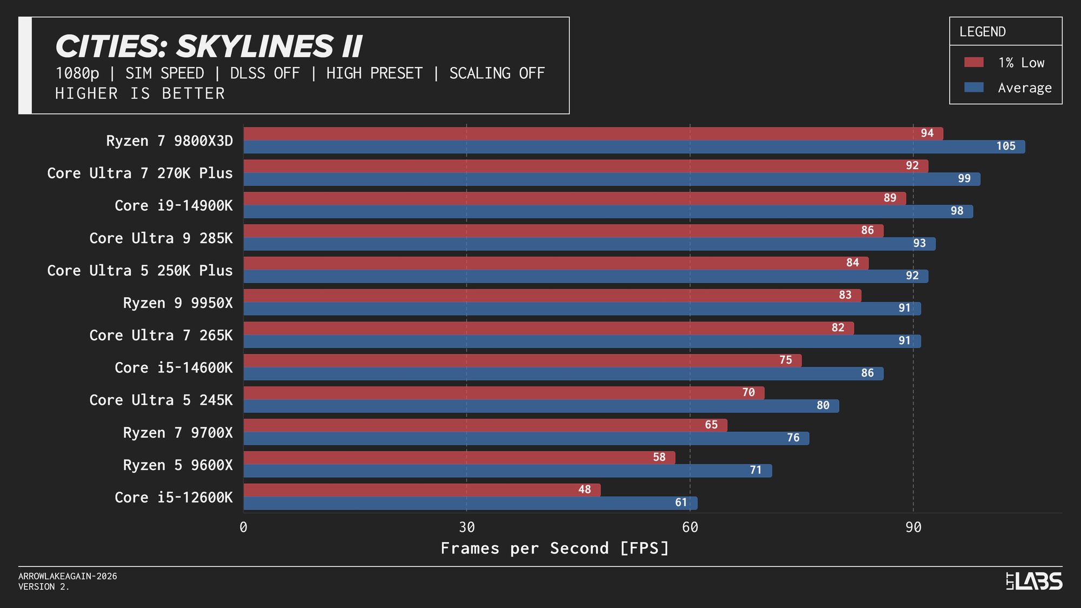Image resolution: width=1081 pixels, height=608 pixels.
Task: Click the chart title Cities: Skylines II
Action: (x=209, y=46)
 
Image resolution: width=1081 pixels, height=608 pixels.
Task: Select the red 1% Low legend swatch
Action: (x=973, y=62)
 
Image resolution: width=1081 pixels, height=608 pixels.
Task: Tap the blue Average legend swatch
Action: (x=973, y=88)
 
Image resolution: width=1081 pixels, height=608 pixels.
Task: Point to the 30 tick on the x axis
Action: (x=466, y=527)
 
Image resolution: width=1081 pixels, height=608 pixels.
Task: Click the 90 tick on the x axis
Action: (x=913, y=527)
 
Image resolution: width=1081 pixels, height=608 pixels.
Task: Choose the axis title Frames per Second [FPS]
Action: (x=555, y=549)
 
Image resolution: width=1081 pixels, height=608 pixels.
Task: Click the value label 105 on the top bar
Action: (x=1005, y=146)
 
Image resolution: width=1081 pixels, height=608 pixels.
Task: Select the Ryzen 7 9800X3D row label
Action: (x=169, y=141)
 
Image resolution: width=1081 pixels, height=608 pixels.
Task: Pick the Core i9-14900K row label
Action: (x=174, y=206)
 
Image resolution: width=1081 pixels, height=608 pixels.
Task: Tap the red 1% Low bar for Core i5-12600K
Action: (x=422, y=490)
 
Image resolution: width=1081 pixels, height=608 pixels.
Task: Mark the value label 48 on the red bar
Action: (x=584, y=490)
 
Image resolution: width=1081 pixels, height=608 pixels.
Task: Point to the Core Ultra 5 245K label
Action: (x=161, y=400)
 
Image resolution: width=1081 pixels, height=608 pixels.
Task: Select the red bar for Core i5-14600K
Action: (x=522, y=360)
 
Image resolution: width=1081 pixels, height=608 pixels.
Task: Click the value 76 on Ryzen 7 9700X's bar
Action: (x=793, y=438)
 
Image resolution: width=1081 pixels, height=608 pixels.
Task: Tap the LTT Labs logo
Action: (x=1034, y=582)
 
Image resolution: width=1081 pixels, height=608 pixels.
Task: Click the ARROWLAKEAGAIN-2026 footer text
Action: (x=68, y=577)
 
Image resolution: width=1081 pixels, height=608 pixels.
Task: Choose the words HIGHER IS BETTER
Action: (x=140, y=93)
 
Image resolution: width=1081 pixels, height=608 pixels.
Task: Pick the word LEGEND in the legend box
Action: (x=982, y=32)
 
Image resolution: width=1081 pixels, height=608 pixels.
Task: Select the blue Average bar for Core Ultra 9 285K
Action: (x=589, y=244)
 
